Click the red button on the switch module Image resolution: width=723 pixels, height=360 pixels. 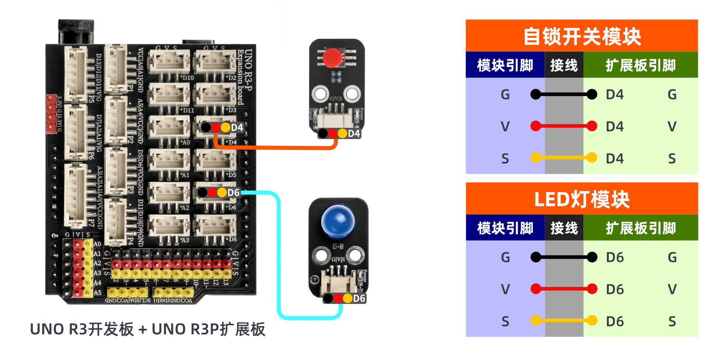(x=333, y=57)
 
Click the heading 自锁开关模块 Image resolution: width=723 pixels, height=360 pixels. (x=582, y=36)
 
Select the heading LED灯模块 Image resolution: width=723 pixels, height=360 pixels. (x=582, y=199)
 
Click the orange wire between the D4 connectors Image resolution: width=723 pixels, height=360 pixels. (x=275, y=147)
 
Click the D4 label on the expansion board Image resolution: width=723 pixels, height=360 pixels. (x=237, y=128)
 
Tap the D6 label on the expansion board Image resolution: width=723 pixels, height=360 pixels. (x=233, y=193)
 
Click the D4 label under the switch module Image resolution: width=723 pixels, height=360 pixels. (x=354, y=134)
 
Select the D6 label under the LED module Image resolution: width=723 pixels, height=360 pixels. (x=359, y=299)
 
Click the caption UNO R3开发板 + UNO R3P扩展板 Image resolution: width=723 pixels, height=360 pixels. (x=147, y=329)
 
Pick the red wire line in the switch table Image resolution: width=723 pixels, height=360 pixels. (x=564, y=126)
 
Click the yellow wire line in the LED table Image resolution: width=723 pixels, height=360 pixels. (x=564, y=321)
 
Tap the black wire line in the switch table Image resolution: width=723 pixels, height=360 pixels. (x=564, y=94)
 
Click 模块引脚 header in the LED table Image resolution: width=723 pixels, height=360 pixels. (x=505, y=228)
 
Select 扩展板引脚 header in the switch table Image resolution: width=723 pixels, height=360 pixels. (x=640, y=65)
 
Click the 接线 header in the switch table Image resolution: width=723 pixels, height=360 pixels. (x=564, y=65)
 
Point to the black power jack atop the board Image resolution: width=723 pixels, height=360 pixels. (x=76, y=32)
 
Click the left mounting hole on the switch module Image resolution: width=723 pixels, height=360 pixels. (x=321, y=94)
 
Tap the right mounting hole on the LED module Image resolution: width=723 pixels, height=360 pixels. (x=355, y=256)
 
